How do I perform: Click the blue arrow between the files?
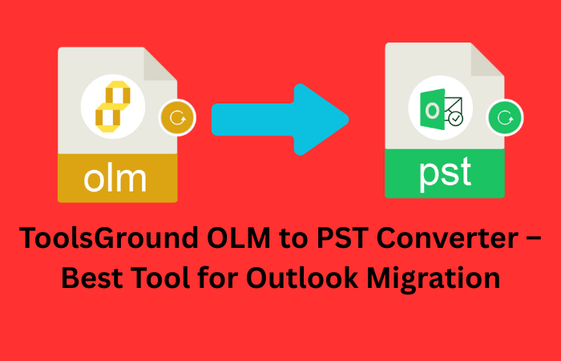[280, 120]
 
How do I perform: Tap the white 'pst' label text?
[445, 174]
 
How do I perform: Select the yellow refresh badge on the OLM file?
[177, 117]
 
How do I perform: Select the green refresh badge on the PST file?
[505, 117]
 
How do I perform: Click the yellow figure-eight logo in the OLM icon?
[113, 107]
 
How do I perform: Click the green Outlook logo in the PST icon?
[441, 108]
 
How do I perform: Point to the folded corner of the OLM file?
[159, 64]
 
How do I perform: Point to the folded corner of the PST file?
[487, 59]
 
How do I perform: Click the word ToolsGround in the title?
[108, 238]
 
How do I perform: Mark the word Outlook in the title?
[302, 278]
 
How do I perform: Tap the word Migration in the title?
[434, 279]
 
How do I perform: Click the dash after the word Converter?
[535, 239]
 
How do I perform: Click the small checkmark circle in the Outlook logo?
[456, 120]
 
